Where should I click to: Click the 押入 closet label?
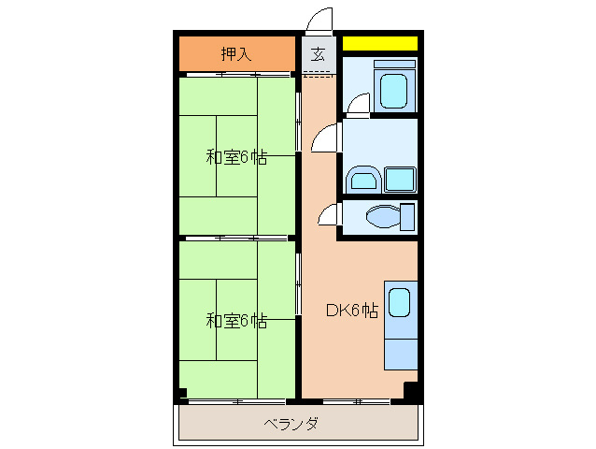coord(236,53)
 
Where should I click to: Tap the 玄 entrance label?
coord(318,54)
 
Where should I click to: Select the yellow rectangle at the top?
coord(379,43)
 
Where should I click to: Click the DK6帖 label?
coord(351,311)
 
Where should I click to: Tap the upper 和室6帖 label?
coord(236,157)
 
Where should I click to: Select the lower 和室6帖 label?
coord(236,321)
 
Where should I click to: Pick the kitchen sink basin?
coord(399,301)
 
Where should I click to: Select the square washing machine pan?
coord(399,179)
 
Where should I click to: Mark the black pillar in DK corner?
coord(410,392)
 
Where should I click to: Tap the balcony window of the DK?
coord(356,401)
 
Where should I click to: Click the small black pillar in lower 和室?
coord(183,393)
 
